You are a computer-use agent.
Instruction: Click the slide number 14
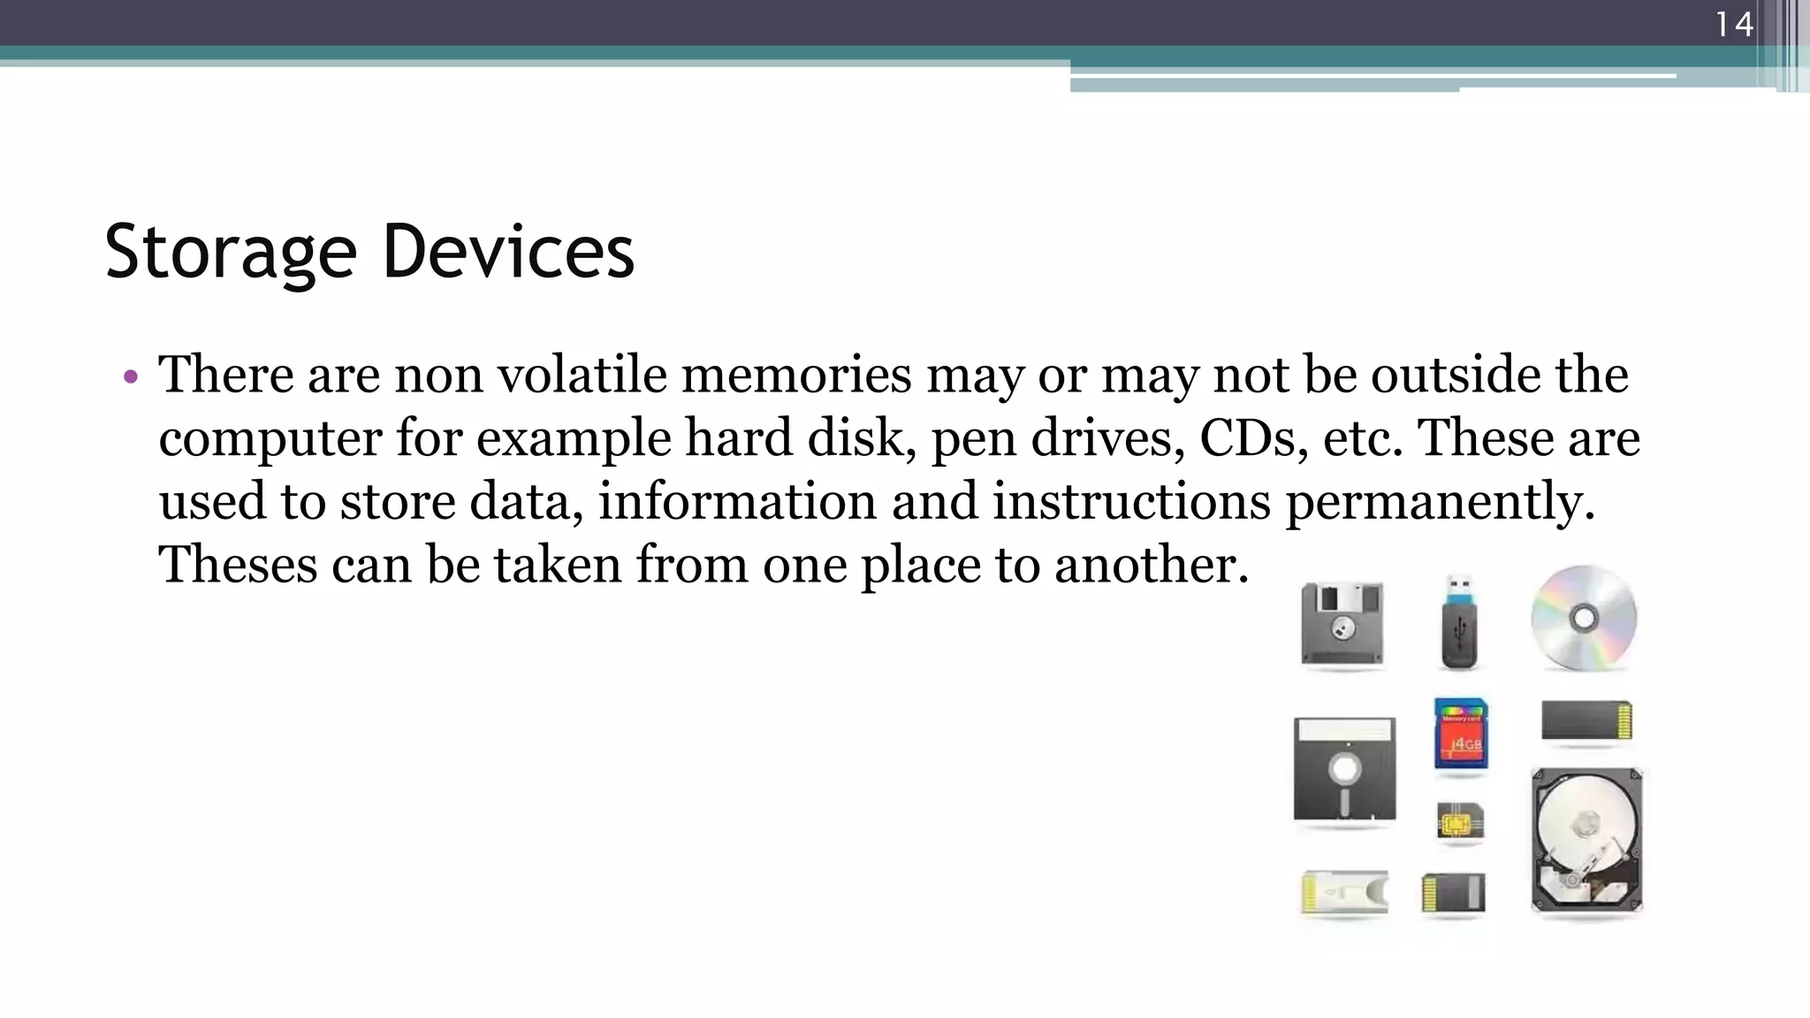coord(1733,24)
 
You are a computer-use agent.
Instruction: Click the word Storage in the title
coord(231,252)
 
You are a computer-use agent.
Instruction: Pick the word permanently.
coord(1440,501)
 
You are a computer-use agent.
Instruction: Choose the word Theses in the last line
coord(238,565)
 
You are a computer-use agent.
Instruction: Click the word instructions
coord(1131,501)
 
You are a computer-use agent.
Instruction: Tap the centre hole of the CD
coord(1584,618)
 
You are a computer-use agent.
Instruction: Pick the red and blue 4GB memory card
coord(1461,733)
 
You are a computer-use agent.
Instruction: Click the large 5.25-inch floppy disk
coord(1344,769)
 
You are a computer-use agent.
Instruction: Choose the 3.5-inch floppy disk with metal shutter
coord(1342,625)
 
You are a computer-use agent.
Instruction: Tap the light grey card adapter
coord(1344,893)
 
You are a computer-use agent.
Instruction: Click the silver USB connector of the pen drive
coord(1459,586)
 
